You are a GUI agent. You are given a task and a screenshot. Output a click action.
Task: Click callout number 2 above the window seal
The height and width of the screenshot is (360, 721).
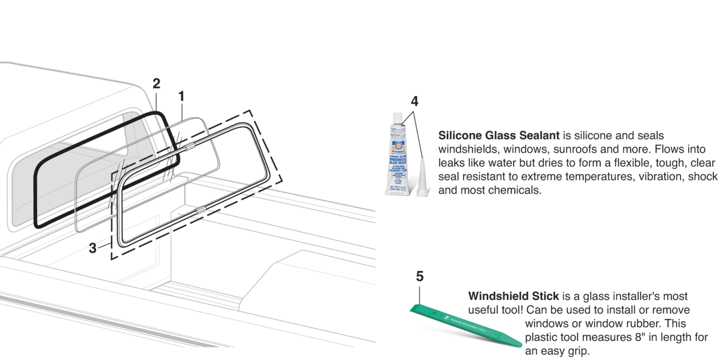156,84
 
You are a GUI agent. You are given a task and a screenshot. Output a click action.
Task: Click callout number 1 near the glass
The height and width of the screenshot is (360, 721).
181,97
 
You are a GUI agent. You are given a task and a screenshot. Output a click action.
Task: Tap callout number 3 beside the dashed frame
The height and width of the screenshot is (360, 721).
93,248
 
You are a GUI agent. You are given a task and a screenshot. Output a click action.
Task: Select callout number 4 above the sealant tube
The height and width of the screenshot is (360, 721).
415,101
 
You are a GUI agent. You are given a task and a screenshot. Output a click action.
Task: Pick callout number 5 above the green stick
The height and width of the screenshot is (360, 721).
419,276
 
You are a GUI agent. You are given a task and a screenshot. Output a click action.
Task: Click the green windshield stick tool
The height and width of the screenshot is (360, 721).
464,325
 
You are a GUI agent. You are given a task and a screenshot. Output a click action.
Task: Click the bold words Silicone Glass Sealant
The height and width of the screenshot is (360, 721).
499,135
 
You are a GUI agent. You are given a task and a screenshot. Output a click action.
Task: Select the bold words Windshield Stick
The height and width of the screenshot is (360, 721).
513,296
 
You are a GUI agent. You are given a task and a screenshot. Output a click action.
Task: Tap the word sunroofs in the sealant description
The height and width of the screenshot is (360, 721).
546,149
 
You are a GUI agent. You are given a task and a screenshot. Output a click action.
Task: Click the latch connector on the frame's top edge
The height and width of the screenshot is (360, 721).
189,146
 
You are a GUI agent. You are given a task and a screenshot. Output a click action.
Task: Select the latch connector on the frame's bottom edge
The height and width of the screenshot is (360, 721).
199,210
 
